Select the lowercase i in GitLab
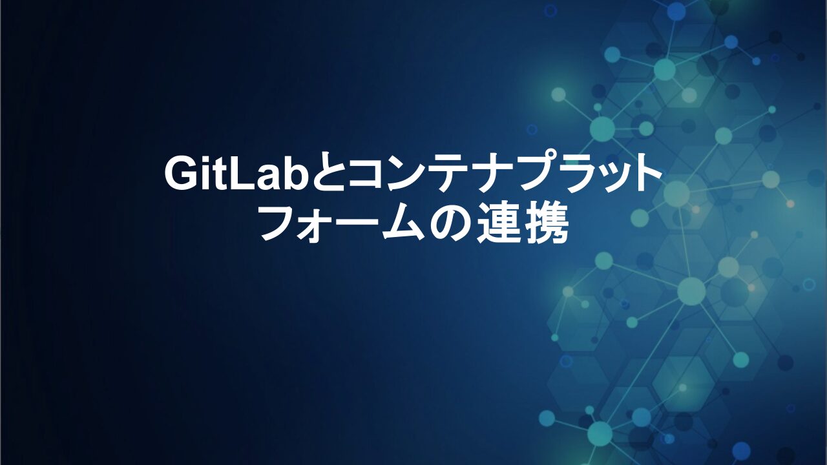tap(207, 173)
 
